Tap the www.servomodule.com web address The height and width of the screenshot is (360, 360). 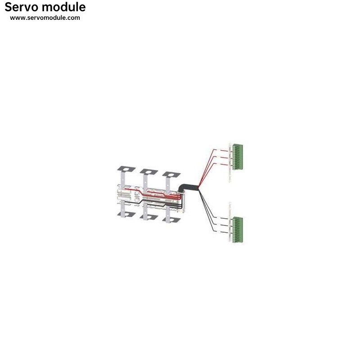45,18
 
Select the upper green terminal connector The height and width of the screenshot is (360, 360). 238,157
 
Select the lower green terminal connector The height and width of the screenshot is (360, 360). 238,229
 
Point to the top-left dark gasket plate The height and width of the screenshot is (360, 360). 126,169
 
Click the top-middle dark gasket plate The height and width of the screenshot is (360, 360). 149,171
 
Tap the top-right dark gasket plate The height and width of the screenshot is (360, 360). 171,174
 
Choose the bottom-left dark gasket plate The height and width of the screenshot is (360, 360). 126,214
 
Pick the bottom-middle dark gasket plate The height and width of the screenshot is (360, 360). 149,217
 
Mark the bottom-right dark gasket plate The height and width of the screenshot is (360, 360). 171,220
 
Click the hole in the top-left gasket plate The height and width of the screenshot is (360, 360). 126,169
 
